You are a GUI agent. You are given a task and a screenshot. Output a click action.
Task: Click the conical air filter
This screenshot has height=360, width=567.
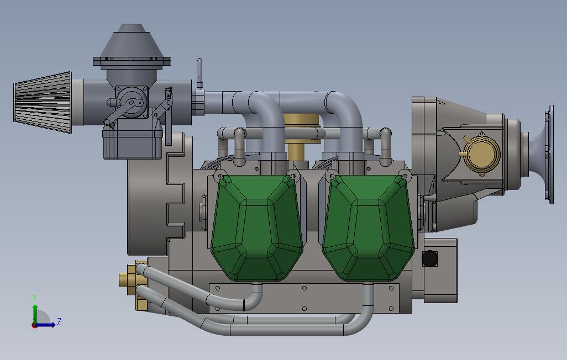[x=43, y=102]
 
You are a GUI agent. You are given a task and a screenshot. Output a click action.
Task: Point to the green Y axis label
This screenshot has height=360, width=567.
[x=35, y=298]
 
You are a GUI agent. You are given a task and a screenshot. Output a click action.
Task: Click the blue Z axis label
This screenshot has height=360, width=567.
[x=59, y=321]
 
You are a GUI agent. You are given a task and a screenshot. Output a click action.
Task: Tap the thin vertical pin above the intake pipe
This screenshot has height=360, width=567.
[x=200, y=73]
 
